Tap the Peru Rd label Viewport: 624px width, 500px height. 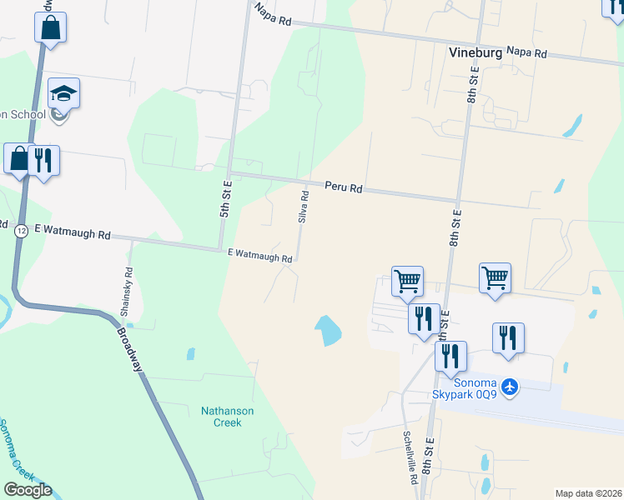click(x=343, y=188)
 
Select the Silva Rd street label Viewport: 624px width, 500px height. click(x=304, y=206)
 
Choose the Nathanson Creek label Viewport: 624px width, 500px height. click(x=228, y=417)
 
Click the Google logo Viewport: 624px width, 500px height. click(x=28, y=490)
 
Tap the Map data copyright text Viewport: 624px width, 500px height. click(x=588, y=493)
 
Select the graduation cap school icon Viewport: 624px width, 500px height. click(x=63, y=92)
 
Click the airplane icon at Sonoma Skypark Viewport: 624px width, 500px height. click(x=511, y=387)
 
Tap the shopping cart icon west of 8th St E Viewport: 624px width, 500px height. click(x=407, y=280)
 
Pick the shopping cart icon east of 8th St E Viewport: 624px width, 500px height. click(x=495, y=277)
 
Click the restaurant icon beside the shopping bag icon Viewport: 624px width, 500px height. click(x=43, y=158)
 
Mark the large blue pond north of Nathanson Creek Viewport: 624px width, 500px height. click(x=328, y=331)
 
